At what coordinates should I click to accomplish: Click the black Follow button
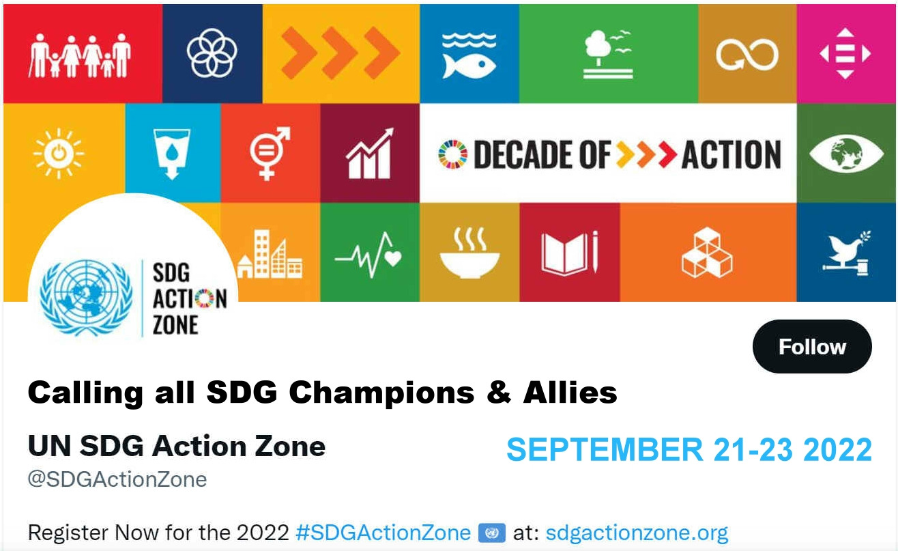[812, 346]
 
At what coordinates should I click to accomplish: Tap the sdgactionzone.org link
[637, 533]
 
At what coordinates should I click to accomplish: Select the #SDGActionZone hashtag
[383, 533]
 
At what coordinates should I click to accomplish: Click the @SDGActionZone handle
[117, 479]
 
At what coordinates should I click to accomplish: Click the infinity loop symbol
[747, 55]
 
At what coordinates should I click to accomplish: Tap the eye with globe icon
[846, 154]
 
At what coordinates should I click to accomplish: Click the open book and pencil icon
[570, 253]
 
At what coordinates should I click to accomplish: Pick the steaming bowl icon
[469, 253]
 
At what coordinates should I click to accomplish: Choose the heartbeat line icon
[368, 255]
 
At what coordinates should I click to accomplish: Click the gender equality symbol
[270, 154]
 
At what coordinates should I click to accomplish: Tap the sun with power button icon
[59, 154]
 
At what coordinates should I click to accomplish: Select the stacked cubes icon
[707, 253]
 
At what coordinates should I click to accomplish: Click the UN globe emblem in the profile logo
[86, 298]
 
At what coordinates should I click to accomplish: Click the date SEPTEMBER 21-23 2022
[689, 449]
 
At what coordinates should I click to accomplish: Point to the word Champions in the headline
[381, 393]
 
